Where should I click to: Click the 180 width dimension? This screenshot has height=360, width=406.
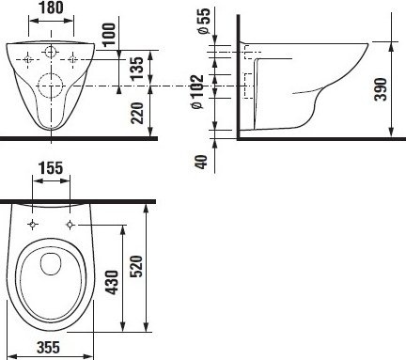point(53,9)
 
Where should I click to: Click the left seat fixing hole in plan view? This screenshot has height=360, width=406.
point(32,224)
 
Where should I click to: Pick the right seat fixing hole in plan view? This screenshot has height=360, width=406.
point(70,224)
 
